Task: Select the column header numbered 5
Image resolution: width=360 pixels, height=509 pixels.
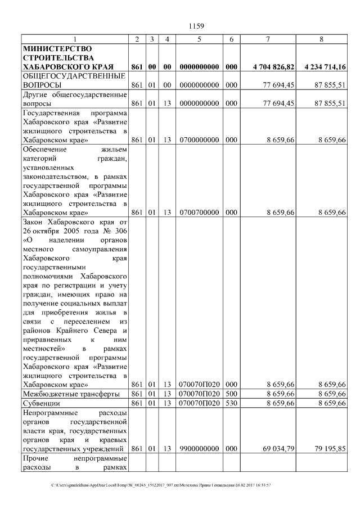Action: (199, 39)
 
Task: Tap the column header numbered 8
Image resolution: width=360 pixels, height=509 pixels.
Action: (321, 39)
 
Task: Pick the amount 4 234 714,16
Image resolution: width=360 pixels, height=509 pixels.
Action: (325, 67)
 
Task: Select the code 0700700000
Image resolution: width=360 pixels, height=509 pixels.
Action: (199, 213)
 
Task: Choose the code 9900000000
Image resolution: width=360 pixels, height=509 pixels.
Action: (199, 449)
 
